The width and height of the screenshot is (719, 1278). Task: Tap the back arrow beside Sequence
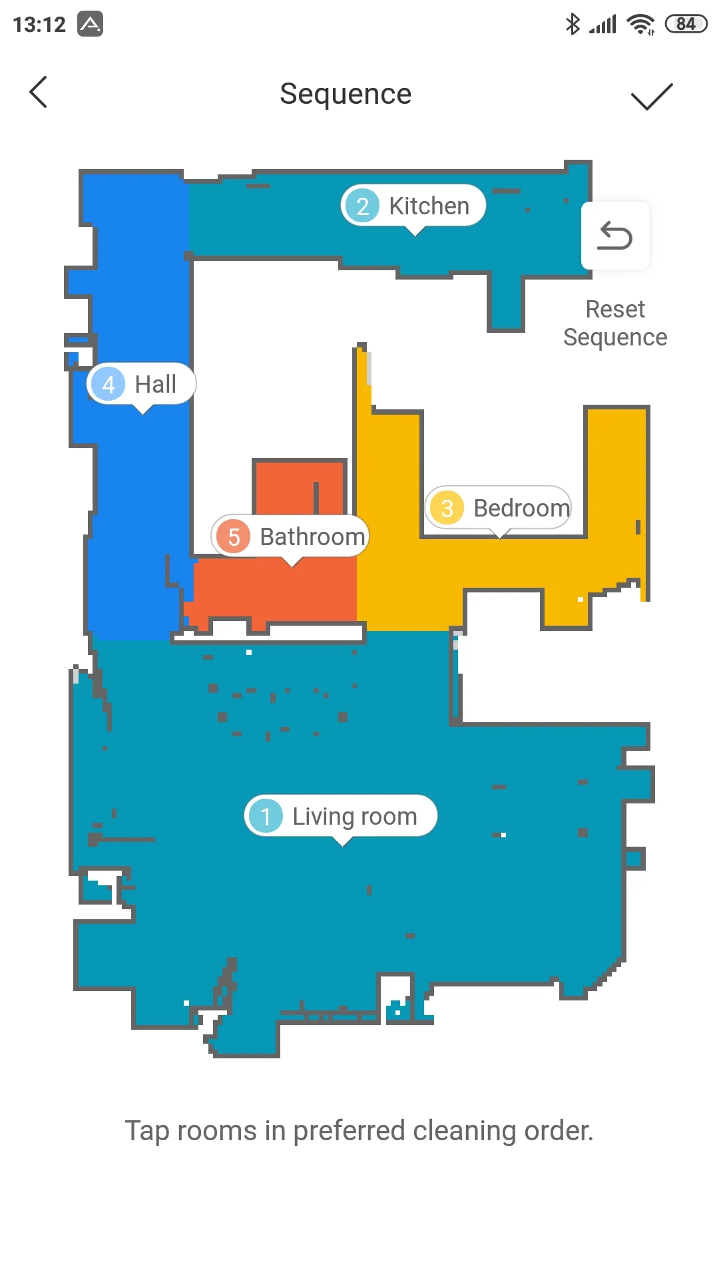(x=39, y=92)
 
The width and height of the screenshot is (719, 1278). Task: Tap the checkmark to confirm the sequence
(x=652, y=97)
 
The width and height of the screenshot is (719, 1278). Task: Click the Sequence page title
(x=346, y=94)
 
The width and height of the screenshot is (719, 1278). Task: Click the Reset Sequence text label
(x=615, y=323)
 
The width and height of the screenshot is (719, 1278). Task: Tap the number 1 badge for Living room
(x=266, y=816)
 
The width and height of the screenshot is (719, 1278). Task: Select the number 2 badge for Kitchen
(x=363, y=206)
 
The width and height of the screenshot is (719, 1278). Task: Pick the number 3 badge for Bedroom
(x=447, y=508)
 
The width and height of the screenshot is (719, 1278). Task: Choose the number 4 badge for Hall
(x=109, y=384)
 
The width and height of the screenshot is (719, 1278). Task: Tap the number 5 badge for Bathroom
(x=234, y=536)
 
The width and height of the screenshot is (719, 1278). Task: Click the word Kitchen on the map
(x=429, y=206)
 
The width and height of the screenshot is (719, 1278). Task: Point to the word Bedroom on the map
(x=521, y=509)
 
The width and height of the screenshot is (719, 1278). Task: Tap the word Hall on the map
(x=156, y=384)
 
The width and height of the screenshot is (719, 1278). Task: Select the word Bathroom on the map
(x=312, y=536)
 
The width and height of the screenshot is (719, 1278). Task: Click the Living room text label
(x=355, y=817)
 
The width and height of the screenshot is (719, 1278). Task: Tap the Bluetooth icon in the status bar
(x=573, y=25)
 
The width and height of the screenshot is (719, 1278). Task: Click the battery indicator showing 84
(x=686, y=25)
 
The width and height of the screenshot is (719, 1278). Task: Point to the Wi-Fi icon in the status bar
(x=641, y=25)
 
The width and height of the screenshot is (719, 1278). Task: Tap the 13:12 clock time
(x=39, y=25)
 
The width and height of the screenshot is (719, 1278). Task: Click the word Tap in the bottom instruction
(x=147, y=1131)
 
